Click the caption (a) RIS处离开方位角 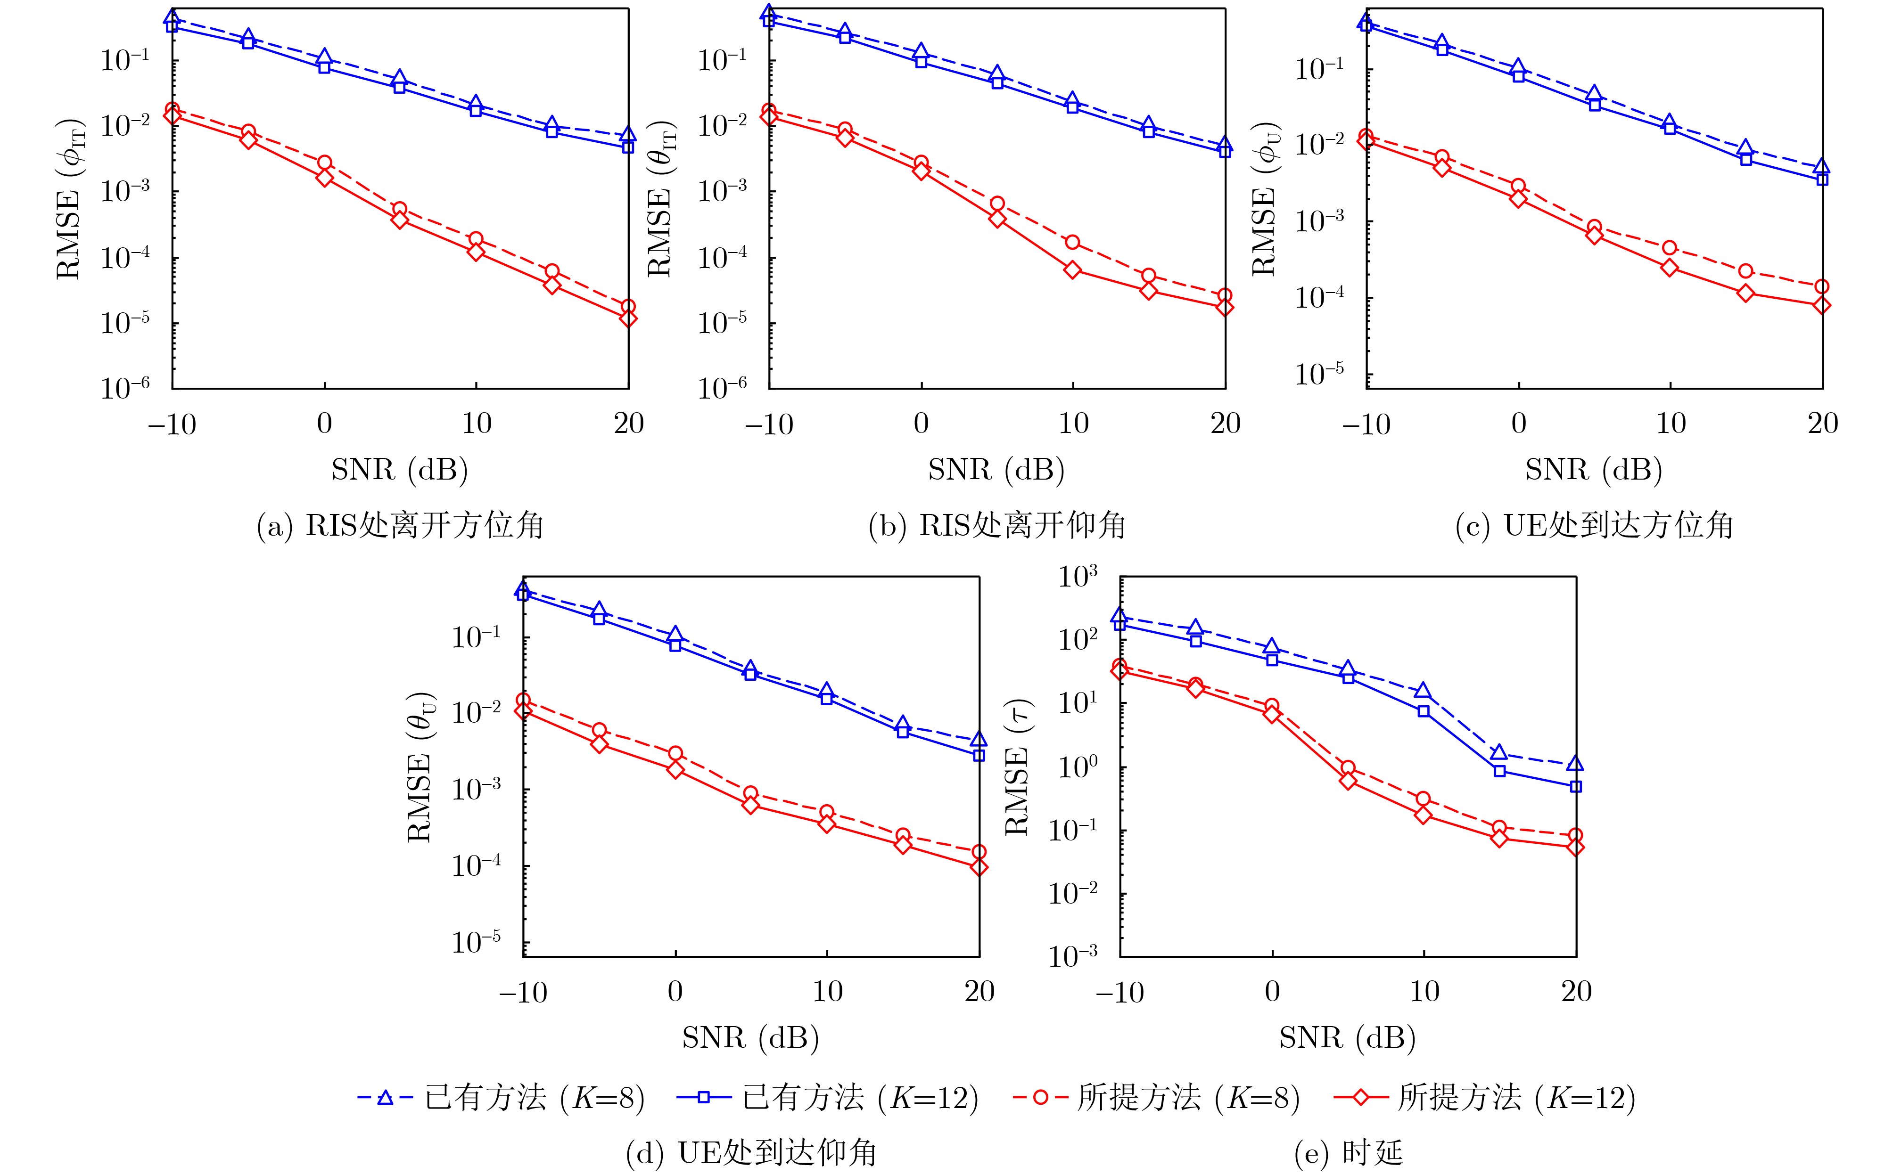pos(400,526)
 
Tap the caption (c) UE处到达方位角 pos(1594,526)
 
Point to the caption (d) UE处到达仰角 pos(751,1153)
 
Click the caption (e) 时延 pos(1348,1153)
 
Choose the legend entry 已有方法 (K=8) pos(501,1098)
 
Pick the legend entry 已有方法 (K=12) pos(827,1098)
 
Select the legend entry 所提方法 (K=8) pos(1157,1098)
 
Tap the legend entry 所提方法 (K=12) pos(1484,1098)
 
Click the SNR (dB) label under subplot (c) pos(1594,470)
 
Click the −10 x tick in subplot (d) pos(523,992)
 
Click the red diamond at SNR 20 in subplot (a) pos(628,318)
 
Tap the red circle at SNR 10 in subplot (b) pos(1073,242)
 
